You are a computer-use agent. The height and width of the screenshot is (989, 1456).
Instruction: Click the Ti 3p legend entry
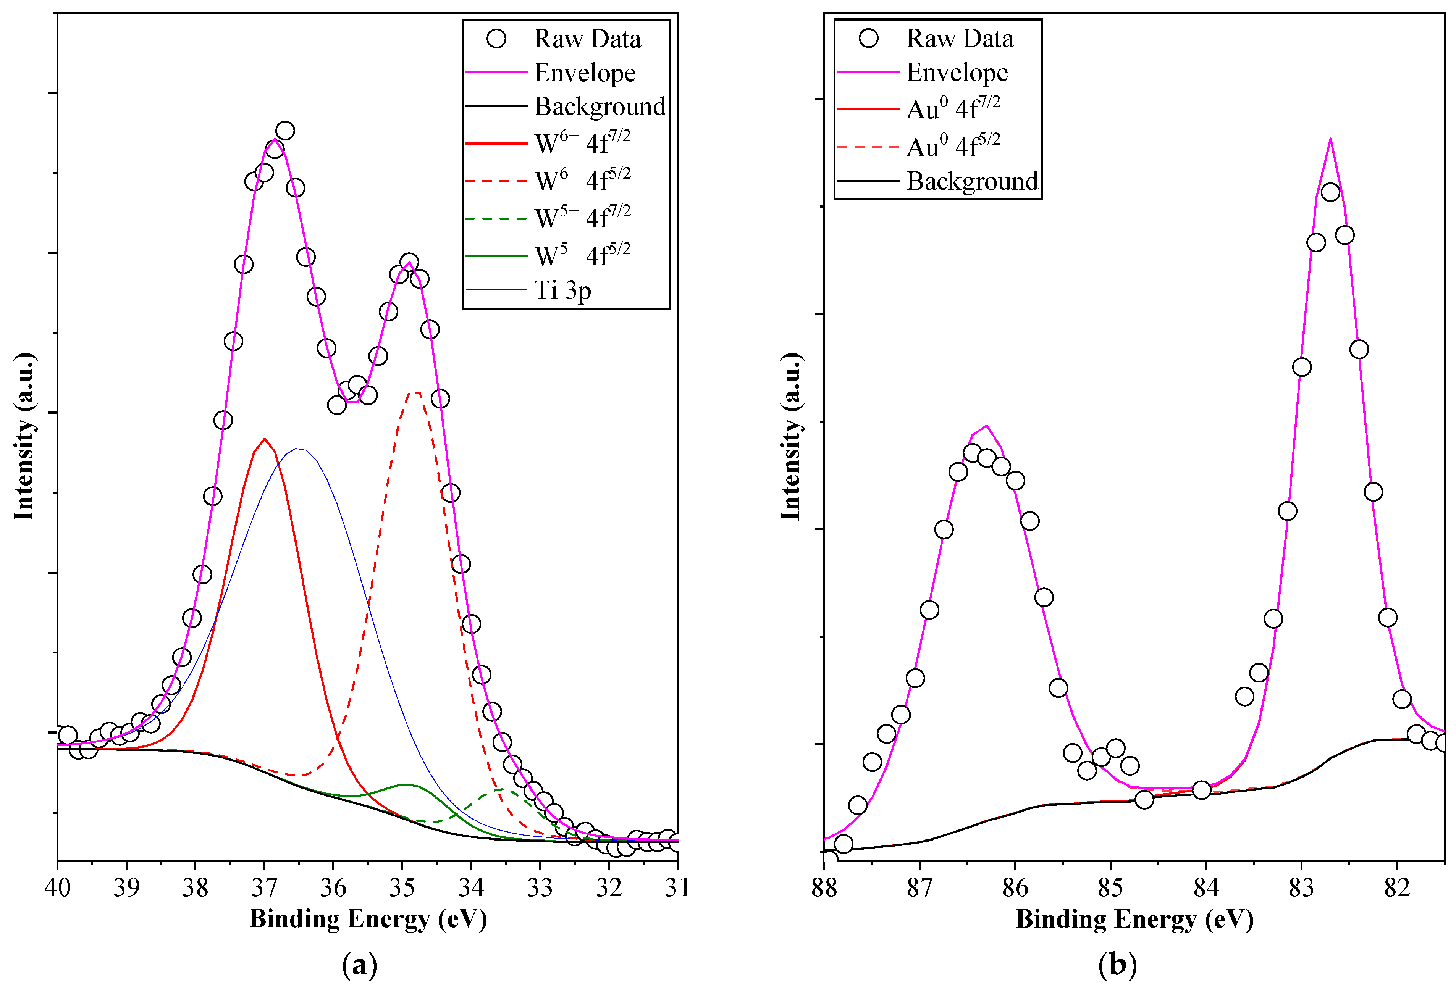point(562,290)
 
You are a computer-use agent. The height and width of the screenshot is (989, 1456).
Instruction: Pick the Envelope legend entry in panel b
point(957,73)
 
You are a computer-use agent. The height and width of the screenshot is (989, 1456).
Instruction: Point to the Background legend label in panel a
point(600,106)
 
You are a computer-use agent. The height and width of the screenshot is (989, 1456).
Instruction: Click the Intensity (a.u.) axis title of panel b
point(791,437)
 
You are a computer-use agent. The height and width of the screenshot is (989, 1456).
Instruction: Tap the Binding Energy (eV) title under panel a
point(368,919)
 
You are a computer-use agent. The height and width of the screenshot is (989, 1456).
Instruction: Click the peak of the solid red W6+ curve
point(264,439)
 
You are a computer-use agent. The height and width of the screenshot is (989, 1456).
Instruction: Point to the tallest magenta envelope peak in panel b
point(1330,139)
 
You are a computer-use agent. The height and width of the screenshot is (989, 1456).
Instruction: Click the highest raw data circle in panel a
point(285,131)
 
